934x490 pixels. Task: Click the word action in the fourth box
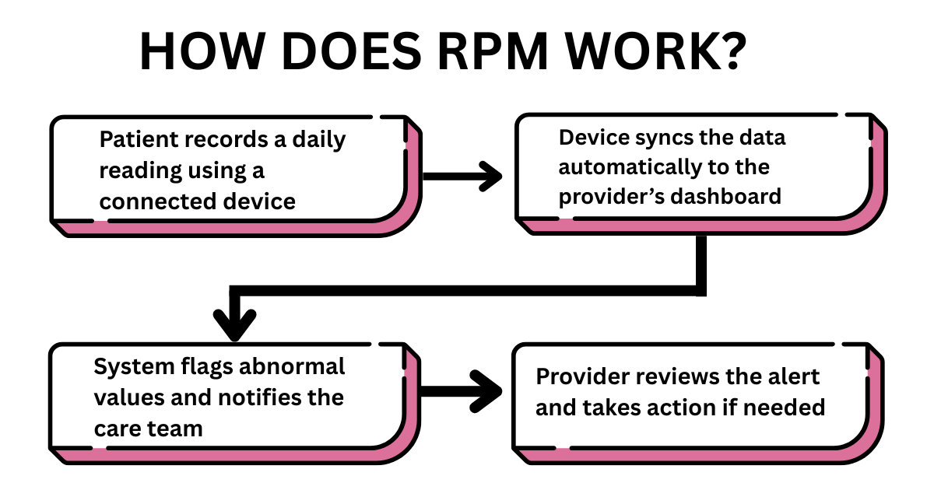click(698, 407)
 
